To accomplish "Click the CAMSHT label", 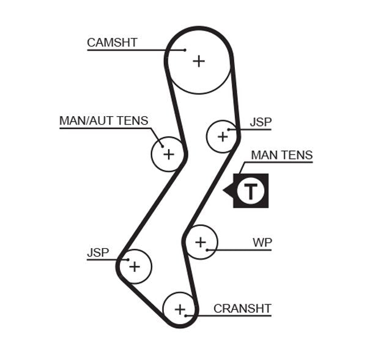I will pos(112,43).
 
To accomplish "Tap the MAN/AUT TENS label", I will pos(103,120).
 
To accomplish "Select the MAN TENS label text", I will pos(281,155).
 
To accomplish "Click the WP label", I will pos(262,243).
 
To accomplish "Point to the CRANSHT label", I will pos(242,309).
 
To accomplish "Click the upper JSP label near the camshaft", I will pos(261,122).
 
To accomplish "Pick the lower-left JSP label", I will pos(98,252).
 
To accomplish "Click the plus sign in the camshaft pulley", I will pos(199,61).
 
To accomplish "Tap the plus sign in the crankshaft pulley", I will pos(179,310).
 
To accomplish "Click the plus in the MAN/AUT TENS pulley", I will pos(168,154).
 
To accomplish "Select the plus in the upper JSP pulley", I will pos(223,136).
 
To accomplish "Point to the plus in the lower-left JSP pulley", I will pos(135,267).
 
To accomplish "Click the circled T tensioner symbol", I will pos(251,191).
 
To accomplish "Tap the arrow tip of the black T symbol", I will pos(224,191).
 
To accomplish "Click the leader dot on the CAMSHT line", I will pos(185,50).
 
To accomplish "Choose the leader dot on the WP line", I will pos(208,249).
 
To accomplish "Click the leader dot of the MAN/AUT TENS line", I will pos(162,145).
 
